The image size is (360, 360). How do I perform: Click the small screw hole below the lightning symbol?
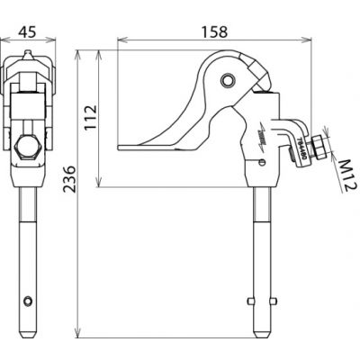pyautogui.click(x=263, y=161)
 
